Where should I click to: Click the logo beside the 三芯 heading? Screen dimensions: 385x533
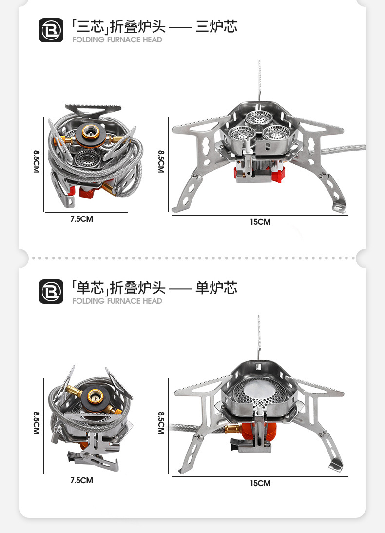[51, 30]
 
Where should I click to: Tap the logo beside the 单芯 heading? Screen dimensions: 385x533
[51, 292]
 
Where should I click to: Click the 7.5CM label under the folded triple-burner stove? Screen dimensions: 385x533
[81, 219]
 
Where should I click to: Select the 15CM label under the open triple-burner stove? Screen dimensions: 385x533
[260, 222]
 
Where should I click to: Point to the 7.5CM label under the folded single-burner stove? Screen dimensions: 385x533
[81, 481]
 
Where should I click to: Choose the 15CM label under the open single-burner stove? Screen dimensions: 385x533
[260, 484]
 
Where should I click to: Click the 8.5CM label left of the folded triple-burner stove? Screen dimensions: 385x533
[36, 161]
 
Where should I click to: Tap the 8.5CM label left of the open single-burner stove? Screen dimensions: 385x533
[161, 422]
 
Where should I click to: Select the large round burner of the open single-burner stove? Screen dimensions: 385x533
[258, 393]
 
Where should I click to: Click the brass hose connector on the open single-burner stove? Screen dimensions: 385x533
[231, 430]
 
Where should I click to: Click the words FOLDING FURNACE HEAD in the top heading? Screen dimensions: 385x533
[117, 39]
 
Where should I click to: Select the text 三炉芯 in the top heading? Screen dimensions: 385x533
[216, 26]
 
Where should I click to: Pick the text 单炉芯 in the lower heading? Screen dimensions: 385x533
[216, 288]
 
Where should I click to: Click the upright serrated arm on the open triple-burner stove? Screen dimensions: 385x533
[260, 80]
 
